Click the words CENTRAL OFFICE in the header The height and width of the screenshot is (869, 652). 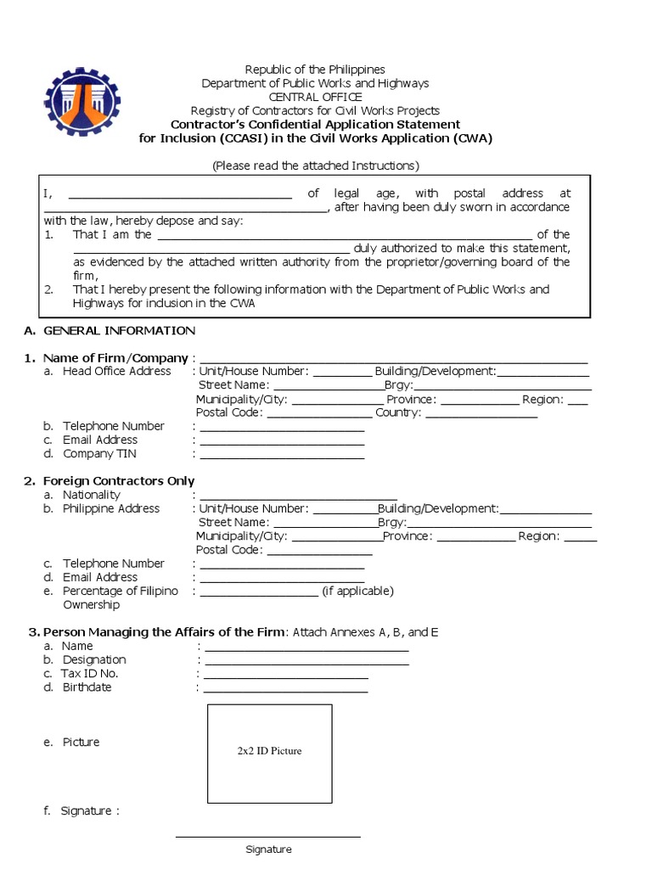pyautogui.click(x=315, y=97)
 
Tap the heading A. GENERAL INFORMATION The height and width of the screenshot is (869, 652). pyautogui.click(x=110, y=330)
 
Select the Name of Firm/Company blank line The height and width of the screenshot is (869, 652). pyautogui.click(x=393, y=358)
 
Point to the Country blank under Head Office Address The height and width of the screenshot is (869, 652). pyautogui.click(x=481, y=414)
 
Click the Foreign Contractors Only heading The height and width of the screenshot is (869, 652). pyautogui.click(x=109, y=481)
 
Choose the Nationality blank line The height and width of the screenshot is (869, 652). pyautogui.click(x=298, y=496)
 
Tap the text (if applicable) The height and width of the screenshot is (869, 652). pyautogui.click(x=357, y=591)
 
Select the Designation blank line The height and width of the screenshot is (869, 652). pyautogui.click(x=306, y=661)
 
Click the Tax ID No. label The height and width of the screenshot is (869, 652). pyautogui.click(x=89, y=674)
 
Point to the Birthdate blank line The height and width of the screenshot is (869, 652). pyautogui.click(x=285, y=688)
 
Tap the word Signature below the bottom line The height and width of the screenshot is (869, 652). pyautogui.click(x=268, y=849)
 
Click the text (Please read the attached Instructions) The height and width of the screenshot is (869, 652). pyautogui.click(x=315, y=165)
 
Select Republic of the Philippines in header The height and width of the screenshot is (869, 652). pyautogui.click(x=315, y=70)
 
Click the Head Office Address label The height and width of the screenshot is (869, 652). pyautogui.click(x=116, y=372)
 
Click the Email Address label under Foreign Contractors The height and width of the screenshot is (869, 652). pyautogui.click(x=99, y=577)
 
